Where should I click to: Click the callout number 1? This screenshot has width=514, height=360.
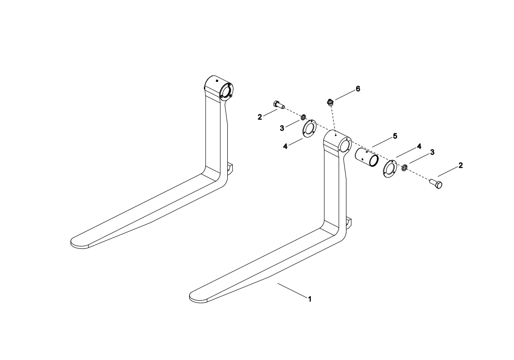pos(310,299)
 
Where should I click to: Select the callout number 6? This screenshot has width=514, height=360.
pos(358,89)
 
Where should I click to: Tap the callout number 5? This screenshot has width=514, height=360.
pos(395,136)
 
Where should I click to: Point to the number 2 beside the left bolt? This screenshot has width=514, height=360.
pos(260,117)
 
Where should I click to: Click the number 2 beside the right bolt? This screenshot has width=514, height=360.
pos(461,166)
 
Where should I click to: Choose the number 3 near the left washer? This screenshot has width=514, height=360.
pos(282,128)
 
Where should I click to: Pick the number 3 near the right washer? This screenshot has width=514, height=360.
pos(432,152)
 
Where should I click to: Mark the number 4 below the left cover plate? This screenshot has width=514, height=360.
pos(285,146)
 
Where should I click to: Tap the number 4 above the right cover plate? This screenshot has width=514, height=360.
pos(419,146)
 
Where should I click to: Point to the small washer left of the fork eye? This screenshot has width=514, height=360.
pos(304,118)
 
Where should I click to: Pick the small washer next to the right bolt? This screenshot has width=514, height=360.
pos(404,167)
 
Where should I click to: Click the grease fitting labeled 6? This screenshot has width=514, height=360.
pos(329,102)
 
